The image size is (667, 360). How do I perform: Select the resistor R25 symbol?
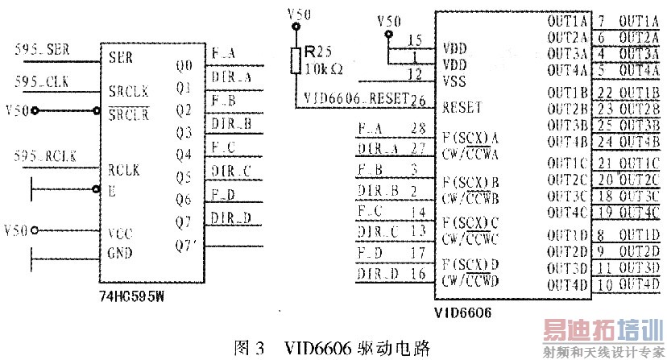click(296, 58)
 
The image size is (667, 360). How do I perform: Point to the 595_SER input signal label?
click(43, 52)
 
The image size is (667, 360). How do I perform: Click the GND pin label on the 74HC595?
click(121, 253)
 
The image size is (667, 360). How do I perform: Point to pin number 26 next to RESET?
click(417, 101)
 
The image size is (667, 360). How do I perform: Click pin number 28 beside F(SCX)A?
click(416, 127)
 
